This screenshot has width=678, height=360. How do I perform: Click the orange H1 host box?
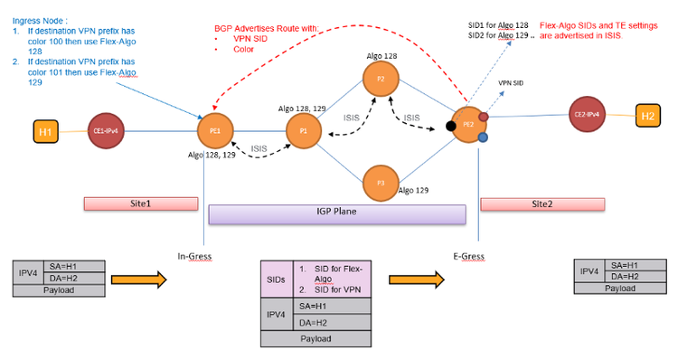click(x=45, y=131)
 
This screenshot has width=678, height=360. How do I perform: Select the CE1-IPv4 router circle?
click(x=108, y=130)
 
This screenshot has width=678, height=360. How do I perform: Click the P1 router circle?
click(x=304, y=131)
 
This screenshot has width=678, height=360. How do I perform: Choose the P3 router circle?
click(x=381, y=183)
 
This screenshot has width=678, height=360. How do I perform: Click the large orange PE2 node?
click(x=469, y=125)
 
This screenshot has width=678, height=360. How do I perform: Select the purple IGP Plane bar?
click(x=336, y=213)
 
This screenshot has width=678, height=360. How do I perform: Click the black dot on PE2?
click(x=451, y=125)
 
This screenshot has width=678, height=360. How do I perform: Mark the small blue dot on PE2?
click(x=484, y=137)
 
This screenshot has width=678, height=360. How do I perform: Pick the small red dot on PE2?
click(x=484, y=117)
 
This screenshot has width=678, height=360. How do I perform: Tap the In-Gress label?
click(x=195, y=257)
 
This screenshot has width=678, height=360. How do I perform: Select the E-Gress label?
click(x=469, y=257)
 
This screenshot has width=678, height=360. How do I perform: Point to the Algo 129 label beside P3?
click(x=414, y=191)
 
